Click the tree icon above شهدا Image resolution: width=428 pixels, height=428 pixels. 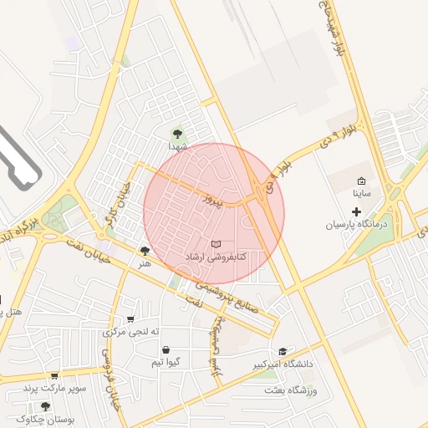(x=176, y=133)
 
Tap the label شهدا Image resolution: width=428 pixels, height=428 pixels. (x=177, y=146)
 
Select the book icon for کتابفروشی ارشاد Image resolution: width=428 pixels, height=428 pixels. (x=217, y=244)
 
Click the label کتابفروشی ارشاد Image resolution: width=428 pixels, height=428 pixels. (x=215, y=257)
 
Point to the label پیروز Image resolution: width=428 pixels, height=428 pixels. (x=217, y=199)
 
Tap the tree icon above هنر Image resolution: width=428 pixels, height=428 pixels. (x=145, y=251)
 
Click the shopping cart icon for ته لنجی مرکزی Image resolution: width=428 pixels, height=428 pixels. (x=130, y=319)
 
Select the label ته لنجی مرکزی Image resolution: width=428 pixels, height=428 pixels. (x=130, y=332)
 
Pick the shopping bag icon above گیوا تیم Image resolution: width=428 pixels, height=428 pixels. (x=166, y=350)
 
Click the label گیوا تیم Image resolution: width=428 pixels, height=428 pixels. (x=166, y=363)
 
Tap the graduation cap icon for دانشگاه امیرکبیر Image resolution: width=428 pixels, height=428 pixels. (x=283, y=351)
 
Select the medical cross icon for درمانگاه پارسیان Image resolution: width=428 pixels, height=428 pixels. (x=357, y=212)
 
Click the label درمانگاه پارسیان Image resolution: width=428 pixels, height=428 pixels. (x=357, y=226)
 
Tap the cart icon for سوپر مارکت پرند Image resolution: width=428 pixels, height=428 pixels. (x=54, y=377)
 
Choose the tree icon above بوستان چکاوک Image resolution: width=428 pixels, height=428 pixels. (x=45, y=406)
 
